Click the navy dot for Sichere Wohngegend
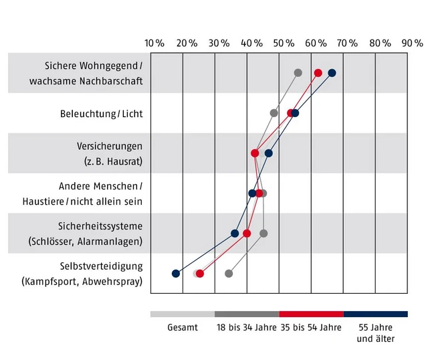click(x=332, y=73)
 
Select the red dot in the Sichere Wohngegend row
click(x=318, y=73)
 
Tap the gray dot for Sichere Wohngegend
click(x=298, y=73)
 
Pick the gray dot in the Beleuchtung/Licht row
click(x=274, y=113)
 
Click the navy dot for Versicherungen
click(x=269, y=153)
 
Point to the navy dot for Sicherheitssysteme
click(x=235, y=234)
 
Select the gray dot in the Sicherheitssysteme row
click(x=263, y=234)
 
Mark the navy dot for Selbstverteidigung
click(x=176, y=273)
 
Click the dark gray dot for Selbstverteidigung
click(x=229, y=273)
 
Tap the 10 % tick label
click(x=154, y=43)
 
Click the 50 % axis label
click(x=284, y=43)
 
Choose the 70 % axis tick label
click(x=348, y=43)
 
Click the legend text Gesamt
click(x=183, y=328)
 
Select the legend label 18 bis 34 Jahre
click(x=246, y=328)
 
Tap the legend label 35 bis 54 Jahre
click(x=310, y=328)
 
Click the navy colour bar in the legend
click(x=375, y=314)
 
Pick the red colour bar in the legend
click(x=311, y=314)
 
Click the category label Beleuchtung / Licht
click(x=101, y=114)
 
